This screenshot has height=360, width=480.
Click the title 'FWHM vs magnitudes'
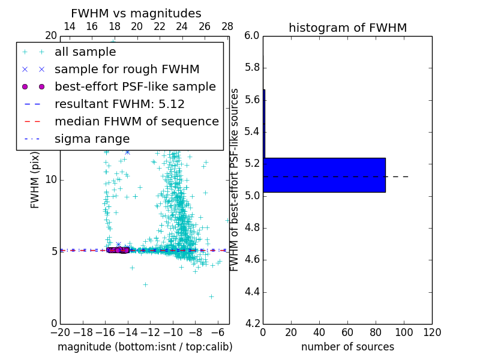click(136, 13)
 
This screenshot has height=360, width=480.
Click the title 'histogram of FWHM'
click(347, 28)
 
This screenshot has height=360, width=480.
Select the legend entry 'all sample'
click(85, 52)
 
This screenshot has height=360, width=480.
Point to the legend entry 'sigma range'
click(92, 139)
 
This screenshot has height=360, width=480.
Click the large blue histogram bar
click(324, 175)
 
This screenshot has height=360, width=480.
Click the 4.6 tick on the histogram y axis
click(253, 260)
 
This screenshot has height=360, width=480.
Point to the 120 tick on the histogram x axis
click(432, 332)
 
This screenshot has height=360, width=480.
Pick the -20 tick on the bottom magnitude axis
click(60, 332)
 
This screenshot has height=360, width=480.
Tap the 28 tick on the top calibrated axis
click(227, 26)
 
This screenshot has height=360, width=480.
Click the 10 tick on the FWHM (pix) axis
click(50, 179)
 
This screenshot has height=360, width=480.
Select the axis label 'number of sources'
click(347, 347)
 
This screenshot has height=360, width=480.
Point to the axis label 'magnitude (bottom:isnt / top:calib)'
click(145, 347)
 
